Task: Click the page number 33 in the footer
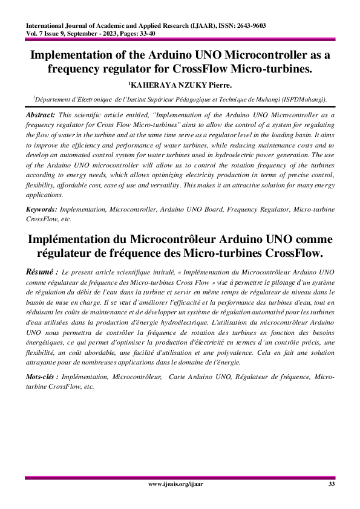pyautogui.click(x=331, y=485)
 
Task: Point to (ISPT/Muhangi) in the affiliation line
pyautogui.click(x=304, y=98)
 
